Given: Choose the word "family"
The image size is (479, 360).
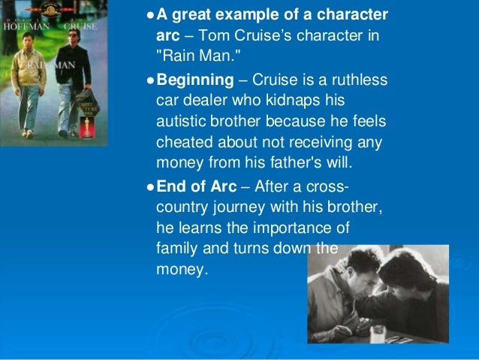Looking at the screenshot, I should coord(176,249).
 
